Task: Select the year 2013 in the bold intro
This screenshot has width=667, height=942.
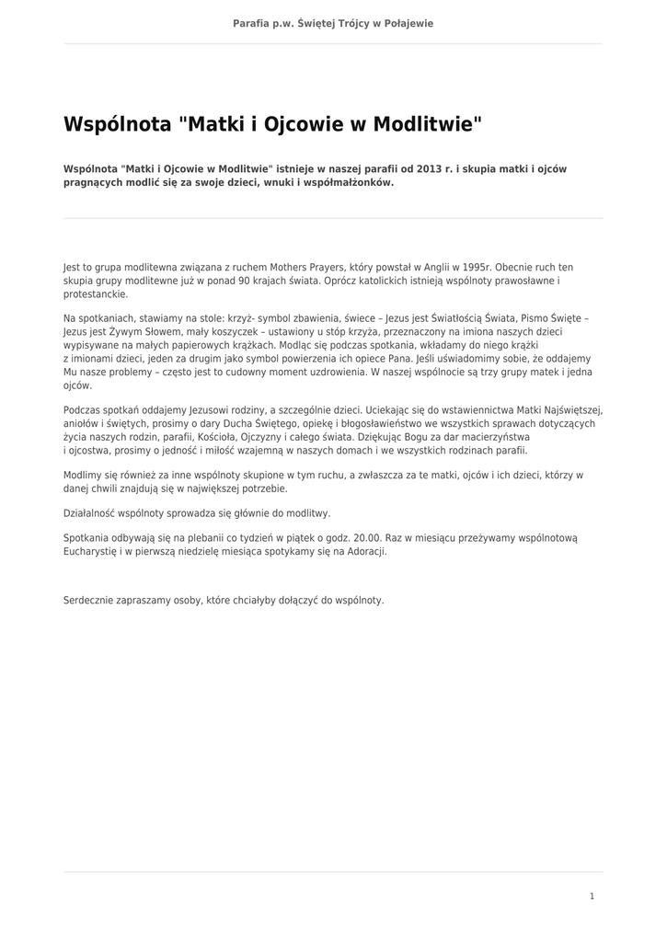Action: click(x=429, y=169)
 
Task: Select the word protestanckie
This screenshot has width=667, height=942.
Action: click(x=96, y=294)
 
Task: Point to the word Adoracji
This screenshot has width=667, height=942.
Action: click(x=365, y=552)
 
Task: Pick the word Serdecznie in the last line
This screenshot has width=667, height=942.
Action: click(x=90, y=600)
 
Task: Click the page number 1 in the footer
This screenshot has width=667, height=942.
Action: click(x=592, y=896)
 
